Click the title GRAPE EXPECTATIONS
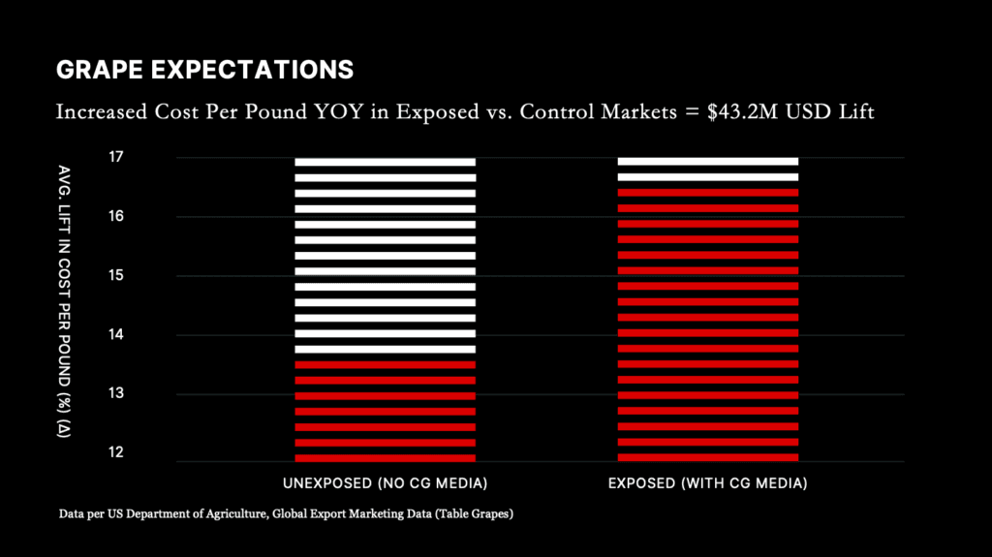point(204,70)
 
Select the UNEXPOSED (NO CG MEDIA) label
point(385,482)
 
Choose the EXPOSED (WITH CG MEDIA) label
point(707,482)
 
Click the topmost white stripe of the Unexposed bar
point(385,162)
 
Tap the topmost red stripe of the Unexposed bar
point(385,364)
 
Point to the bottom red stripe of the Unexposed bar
point(385,457)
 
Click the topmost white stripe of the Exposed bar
point(707,162)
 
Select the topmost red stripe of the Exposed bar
point(707,193)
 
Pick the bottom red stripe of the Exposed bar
point(707,457)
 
